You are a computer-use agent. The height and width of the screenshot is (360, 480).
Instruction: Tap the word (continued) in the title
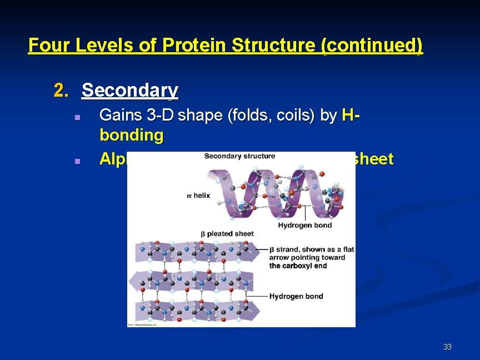pyautogui.click(x=372, y=45)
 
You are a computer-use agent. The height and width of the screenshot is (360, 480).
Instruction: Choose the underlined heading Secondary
pyautogui.click(x=130, y=91)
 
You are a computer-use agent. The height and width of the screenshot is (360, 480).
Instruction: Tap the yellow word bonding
pyautogui.click(x=132, y=135)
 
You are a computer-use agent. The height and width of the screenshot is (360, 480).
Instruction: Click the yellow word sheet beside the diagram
pyautogui.click(x=374, y=159)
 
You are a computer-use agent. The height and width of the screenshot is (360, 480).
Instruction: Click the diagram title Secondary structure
pyautogui.click(x=239, y=156)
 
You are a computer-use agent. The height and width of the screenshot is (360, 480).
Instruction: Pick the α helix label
pyautogui.click(x=198, y=196)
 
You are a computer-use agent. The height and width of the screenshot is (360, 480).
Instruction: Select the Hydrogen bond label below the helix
pyautogui.click(x=304, y=225)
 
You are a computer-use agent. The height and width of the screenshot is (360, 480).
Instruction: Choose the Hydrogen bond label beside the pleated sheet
pyautogui.click(x=296, y=296)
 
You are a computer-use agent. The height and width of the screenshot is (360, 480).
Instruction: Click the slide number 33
pyautogui.click(x=447, y=347)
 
